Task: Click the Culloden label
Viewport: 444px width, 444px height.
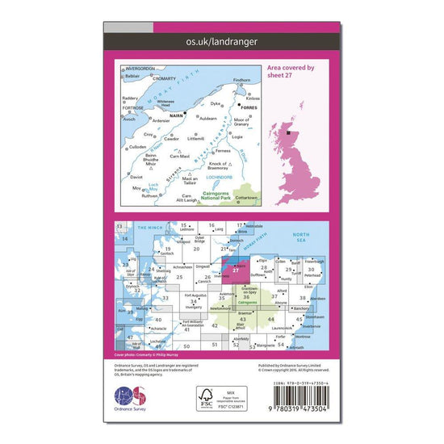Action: (x=139, y=147)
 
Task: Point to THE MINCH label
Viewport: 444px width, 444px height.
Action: (x=147, y=228)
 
